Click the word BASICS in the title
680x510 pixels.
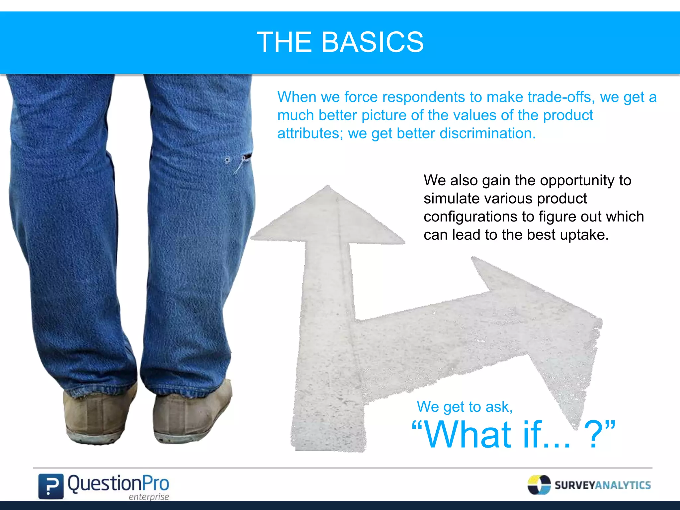coord(372,42)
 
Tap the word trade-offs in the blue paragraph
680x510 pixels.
coord(561,97)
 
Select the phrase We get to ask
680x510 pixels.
coord(465,407)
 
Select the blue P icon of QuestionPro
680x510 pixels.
coord(50,486)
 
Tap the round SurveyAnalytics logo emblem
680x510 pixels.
coord(539,485)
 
